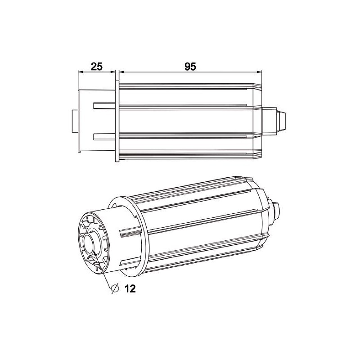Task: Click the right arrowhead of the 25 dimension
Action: tap(113, 72)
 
